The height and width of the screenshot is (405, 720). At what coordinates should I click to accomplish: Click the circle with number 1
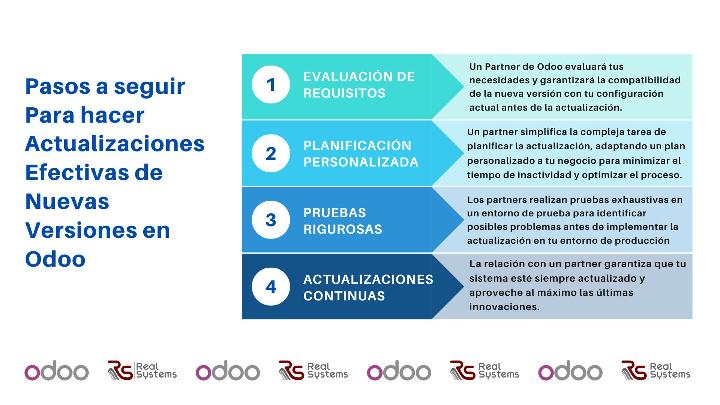pyautogui.click(x=271, y=84)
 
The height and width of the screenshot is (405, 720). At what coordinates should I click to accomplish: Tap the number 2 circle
pyautogui.click(x=271, y=153)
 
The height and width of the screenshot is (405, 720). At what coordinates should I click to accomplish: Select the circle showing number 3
pyautogui.click(x=271, y=219)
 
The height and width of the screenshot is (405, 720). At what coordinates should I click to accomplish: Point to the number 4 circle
pyautogui.click(x=271, y=287)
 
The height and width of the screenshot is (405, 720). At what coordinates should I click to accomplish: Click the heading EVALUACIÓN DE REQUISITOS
pyautogui.click(x=359, y=85)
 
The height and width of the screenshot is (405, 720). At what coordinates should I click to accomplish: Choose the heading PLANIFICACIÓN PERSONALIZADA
pyautogui.click(x=360, y=154)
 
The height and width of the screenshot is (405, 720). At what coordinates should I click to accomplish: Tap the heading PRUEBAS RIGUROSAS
pyautogui.click(x=343, y=221)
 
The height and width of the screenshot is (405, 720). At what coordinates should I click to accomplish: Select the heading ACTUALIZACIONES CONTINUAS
pyautogui.click(x=368, y=287)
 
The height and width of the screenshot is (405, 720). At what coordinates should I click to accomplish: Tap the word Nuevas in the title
pyautogui.click(x=67, y=202)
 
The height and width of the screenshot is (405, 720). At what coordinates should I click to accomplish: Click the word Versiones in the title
pyautogui.click(x=81, y=231)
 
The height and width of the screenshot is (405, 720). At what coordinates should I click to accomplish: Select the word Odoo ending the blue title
pyautogui.click(x=55, y=259)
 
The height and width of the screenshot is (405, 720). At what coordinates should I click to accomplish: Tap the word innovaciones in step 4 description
pyautogui.click(x=504, y=306)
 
